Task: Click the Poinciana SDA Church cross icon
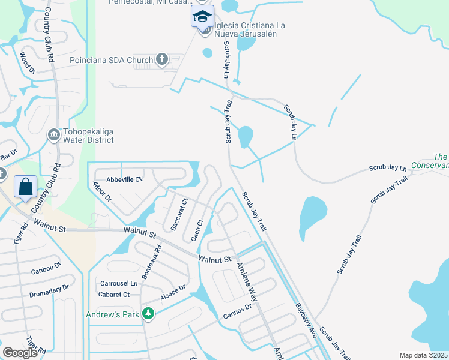click(161, 59)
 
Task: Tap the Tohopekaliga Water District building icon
click(53, 133)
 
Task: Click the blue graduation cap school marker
click(202, 16)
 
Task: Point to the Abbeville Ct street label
click(124, 179)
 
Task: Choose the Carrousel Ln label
click(119, 283)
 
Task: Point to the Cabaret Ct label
click(115, 295)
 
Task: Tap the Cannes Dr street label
click(237, 311)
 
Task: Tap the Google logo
click(20, 353)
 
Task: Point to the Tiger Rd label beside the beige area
click(22, 235)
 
